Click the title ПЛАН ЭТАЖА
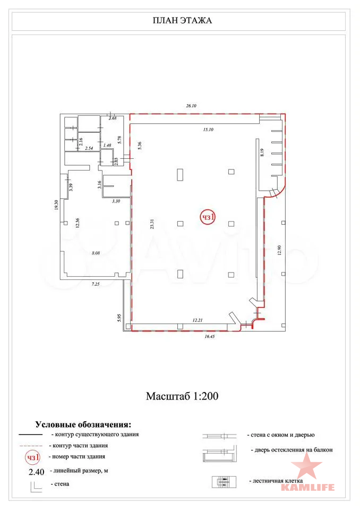pos(182,21)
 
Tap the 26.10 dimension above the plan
pos(191,106)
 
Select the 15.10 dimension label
pos(208,130)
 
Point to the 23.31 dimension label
pos(152,224)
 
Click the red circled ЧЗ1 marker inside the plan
pos(208,217)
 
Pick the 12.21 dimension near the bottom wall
pos(198,320)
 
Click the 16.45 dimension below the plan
pos(209,337)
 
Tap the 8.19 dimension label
pos(262,153)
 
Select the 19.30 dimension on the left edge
pos(56,205)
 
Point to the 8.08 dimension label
pos(96,253)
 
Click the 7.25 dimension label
pos(96,284)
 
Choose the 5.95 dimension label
pos(119,318)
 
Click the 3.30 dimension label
pos(116,201)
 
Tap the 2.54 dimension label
pos(89,148)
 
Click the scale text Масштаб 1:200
pos(182,396)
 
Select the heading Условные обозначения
pos(83,424)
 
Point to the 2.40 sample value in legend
pos(37,472)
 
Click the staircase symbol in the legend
pos(224,482)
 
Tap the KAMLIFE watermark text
pos(307,487)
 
